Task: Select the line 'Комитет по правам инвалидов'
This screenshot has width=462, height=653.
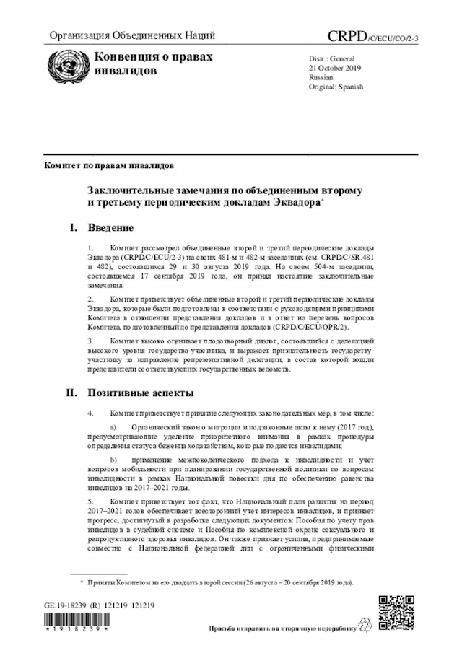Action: coord(108,165)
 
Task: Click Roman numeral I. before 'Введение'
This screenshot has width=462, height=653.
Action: coord(73,228)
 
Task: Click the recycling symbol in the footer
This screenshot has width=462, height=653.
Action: coord(370,628)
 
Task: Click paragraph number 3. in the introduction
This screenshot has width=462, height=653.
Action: coord(90,339)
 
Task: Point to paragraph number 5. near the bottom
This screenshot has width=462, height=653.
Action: coord(90,499)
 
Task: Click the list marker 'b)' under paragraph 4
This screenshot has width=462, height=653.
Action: coord(113,459)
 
